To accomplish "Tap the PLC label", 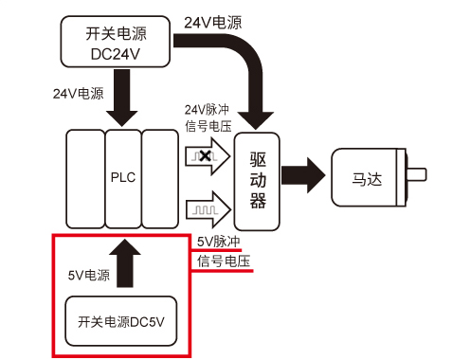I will [123, 177].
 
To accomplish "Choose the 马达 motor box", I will [365, 175].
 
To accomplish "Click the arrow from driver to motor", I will [302, 176].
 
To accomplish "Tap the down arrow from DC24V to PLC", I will [123, 102].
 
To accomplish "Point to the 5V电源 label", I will [88, 276].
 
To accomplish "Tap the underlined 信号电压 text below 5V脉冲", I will [224, 261].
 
